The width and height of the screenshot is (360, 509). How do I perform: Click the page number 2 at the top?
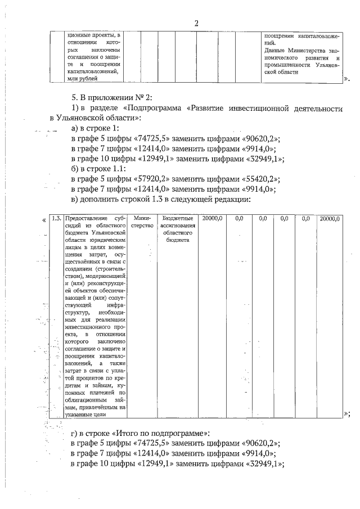pyautogui.click(x=196, y=23)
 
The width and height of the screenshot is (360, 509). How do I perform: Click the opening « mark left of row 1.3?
pyautogui.click(x=44, y=220)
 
